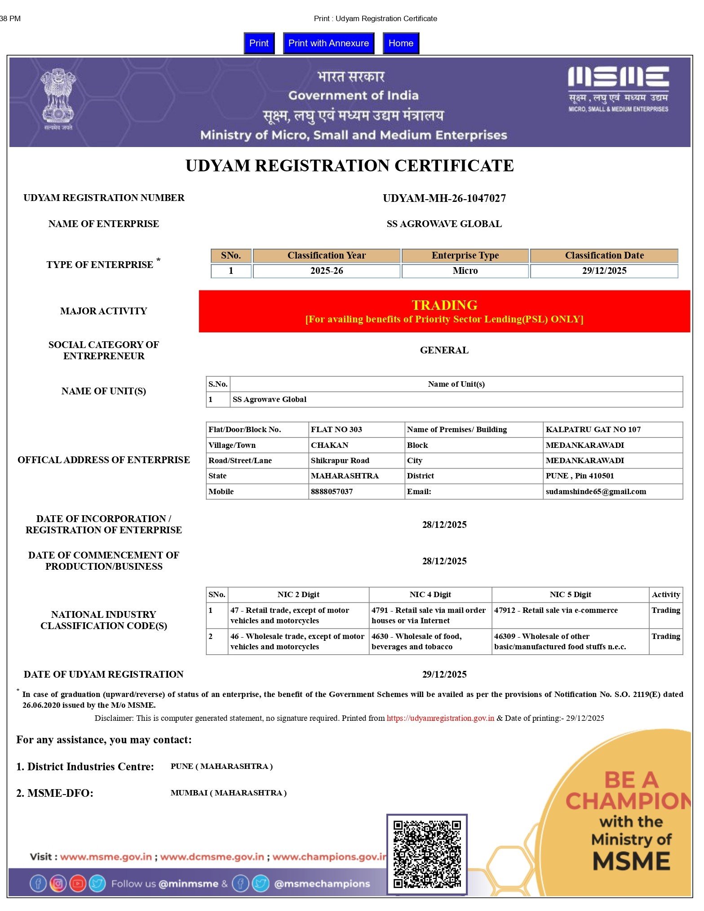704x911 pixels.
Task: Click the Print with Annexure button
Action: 328,43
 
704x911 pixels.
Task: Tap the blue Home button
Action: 401,43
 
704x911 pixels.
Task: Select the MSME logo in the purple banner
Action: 618,89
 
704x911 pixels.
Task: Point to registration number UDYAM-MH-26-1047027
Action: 444,198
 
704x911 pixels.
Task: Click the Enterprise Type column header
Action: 465,255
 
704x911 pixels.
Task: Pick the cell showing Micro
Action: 465,271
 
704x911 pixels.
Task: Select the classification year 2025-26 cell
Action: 327,271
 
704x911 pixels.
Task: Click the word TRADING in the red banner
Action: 444,305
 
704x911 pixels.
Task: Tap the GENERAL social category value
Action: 444,350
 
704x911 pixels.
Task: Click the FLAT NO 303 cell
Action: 337,429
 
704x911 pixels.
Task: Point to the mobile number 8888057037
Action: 332,491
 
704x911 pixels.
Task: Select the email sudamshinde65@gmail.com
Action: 596,491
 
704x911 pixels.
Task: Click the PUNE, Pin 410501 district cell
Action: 580,476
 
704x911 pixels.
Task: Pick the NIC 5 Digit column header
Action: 570,594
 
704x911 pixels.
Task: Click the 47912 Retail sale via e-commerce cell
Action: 556,611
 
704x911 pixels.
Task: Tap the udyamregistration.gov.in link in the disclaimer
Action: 440,718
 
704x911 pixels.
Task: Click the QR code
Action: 427,854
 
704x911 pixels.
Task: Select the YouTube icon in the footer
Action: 78,884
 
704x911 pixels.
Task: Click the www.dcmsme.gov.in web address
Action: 212,857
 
